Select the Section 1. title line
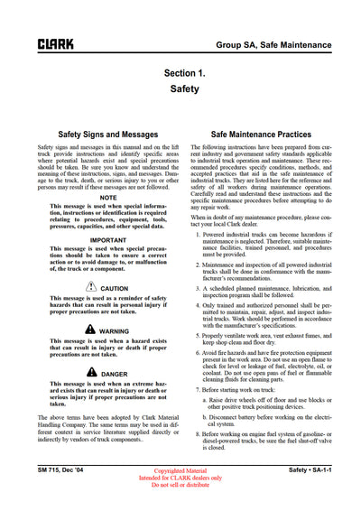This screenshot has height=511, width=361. point(190,73)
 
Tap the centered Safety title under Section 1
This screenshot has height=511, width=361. point(190,90)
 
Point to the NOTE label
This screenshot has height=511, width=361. point(108,197)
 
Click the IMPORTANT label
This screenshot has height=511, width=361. point(108,241)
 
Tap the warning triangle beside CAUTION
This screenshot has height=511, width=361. point(91,288)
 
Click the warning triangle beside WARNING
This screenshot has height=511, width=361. point(90,331)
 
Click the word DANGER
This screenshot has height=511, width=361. point(115,374)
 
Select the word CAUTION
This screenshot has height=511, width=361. point(115,289)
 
